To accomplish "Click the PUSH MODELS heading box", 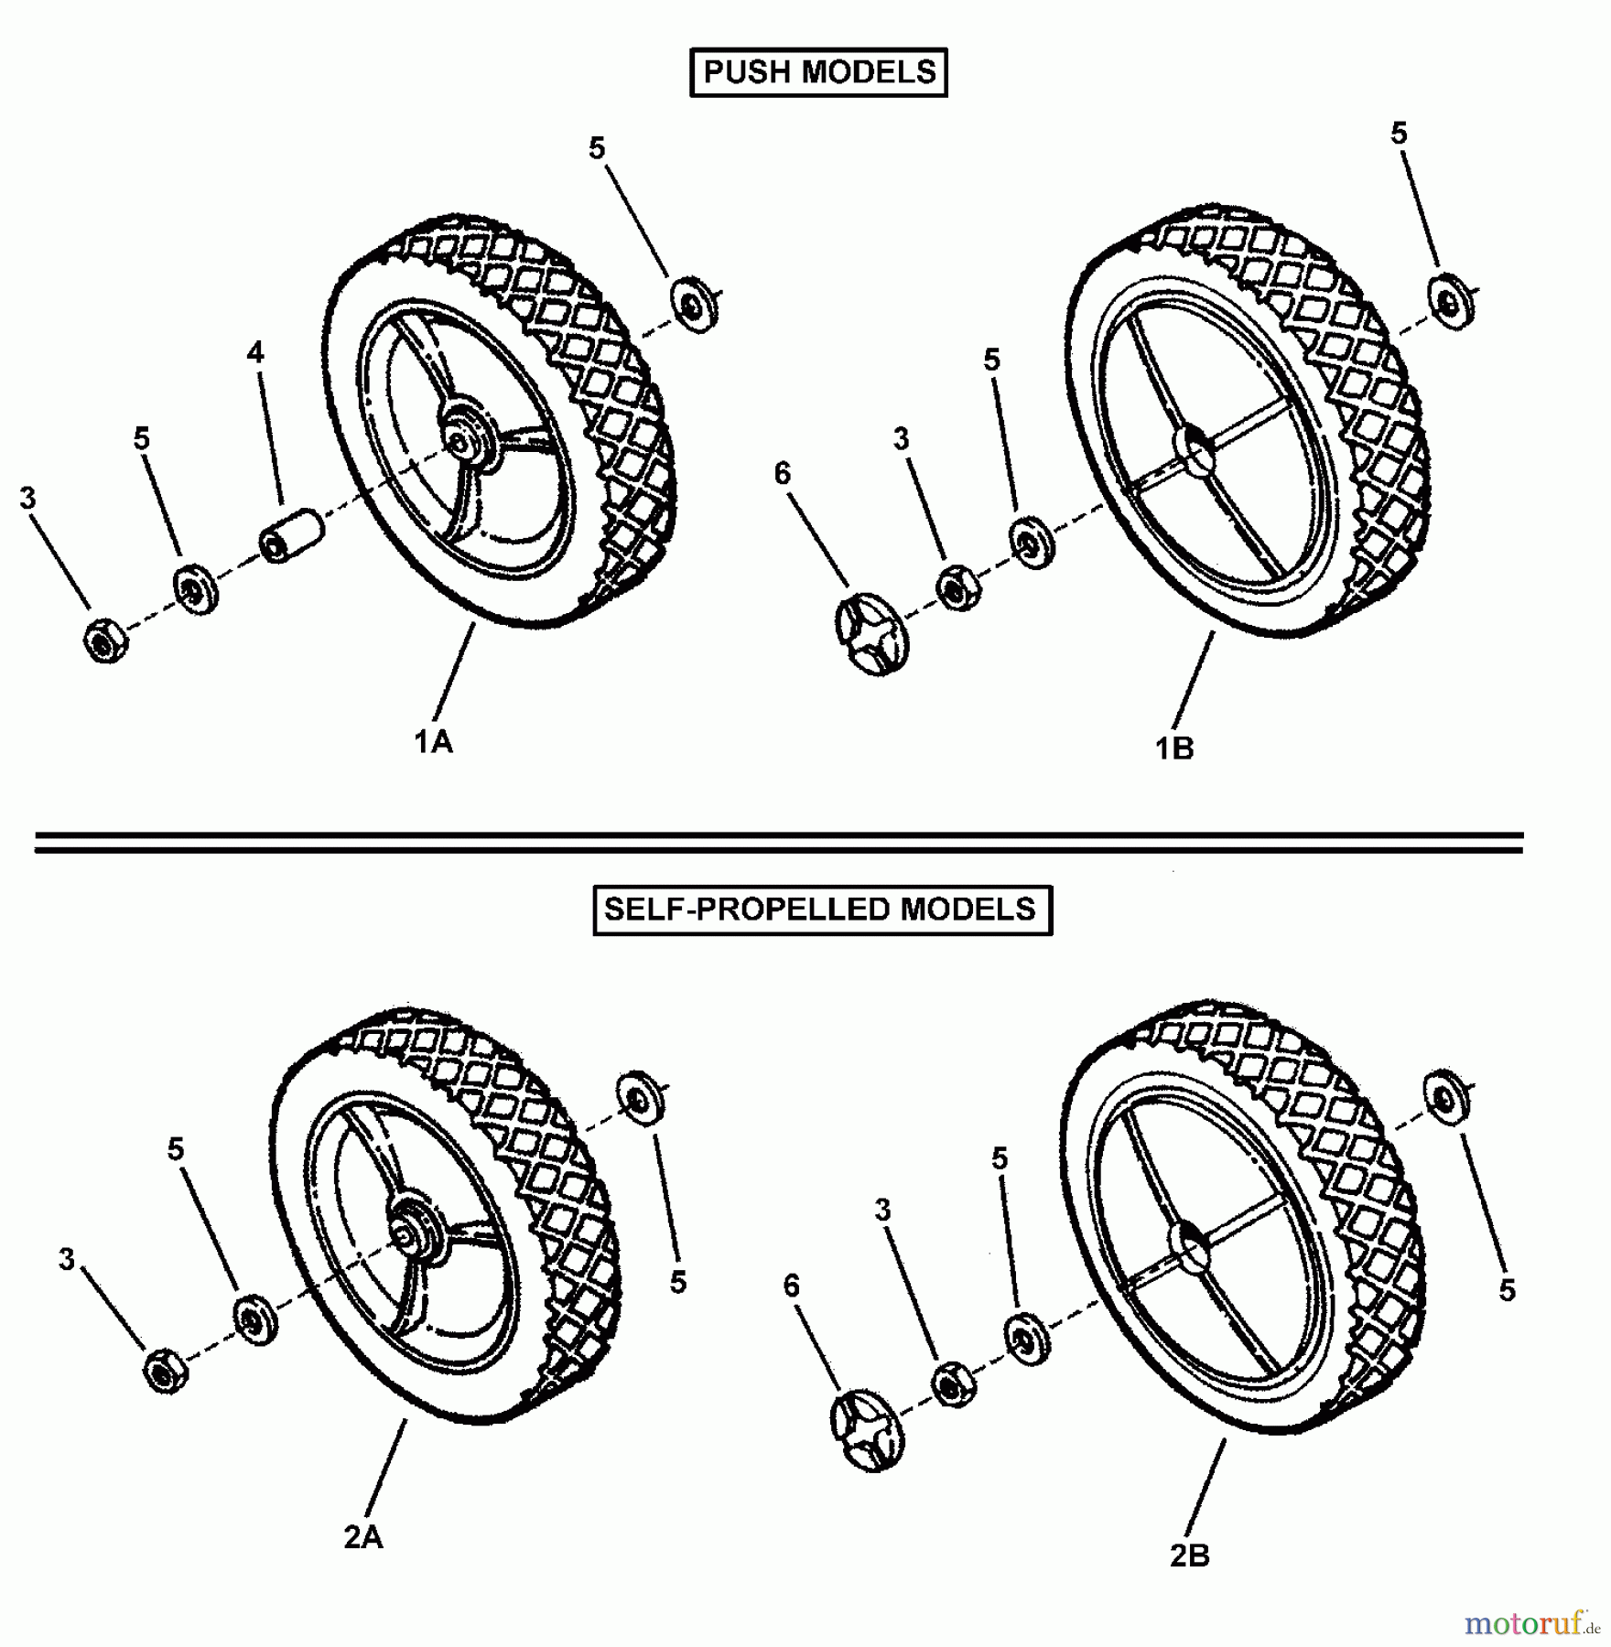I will (818, 72).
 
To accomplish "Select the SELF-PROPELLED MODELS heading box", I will (822, 910).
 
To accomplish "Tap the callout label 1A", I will (433, 742).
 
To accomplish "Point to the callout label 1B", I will (1174, 748).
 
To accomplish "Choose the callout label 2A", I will (363, 1537).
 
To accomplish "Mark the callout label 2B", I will (1190, 1555).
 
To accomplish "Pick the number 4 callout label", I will (255, 352).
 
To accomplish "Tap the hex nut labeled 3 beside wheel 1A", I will (106, 640).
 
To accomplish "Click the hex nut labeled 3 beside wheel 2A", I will (166, 1371).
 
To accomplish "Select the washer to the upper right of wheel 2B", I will (1447, 1096).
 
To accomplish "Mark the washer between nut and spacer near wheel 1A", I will (195, 589).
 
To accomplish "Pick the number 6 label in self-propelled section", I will (792, 1286).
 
